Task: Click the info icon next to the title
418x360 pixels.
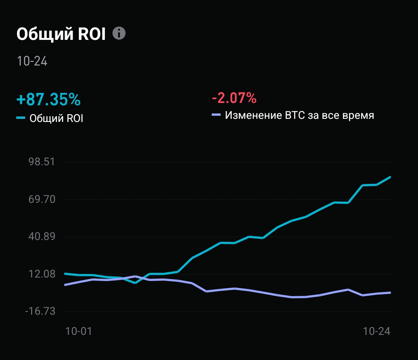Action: coord(119,33)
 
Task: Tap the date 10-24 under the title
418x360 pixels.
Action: coord(32,61)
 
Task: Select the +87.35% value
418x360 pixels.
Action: coord(48,99)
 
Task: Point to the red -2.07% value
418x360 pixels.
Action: coord(234,98)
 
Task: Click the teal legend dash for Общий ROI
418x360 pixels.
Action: coord(21,118)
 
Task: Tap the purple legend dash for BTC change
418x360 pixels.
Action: coord(216,115)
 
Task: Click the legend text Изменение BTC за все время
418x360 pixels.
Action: coord(300,115)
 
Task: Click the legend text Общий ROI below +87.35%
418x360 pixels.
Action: coord(57,118)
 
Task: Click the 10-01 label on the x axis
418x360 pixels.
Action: coord(79,331)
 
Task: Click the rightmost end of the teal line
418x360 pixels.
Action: coord(390,177)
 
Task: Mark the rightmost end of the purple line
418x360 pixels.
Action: coord(390,293)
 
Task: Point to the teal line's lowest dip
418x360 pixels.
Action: coord(135,283)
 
